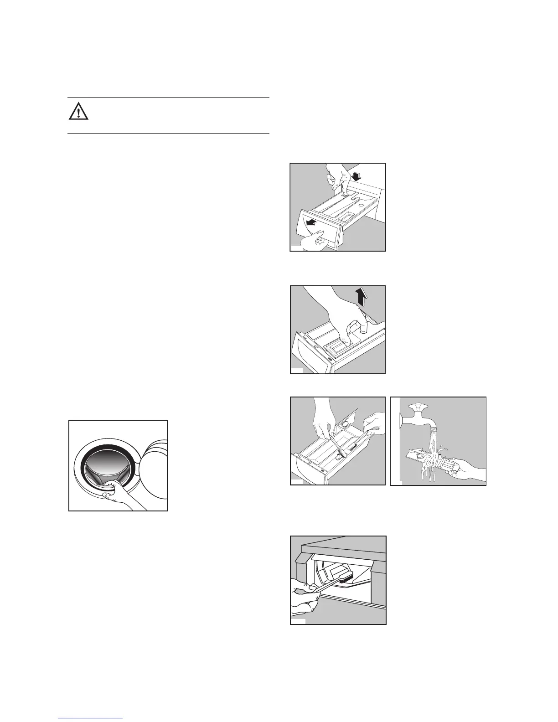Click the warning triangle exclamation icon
click(78, 111)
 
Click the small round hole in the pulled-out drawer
click(361, 206)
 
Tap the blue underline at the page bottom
click(90, 718)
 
